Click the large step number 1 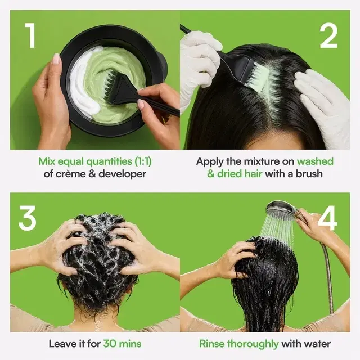(x=30, y=35)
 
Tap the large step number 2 (x=328, y=35)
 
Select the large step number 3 (x=28, y=218)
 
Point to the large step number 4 (x=327, y=218)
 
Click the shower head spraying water (x=281, y=208)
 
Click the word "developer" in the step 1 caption (x=122, y=174)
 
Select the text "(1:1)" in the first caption (x=143, y=161)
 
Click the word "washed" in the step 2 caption (x=315, y=161)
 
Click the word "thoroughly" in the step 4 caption (x=253, y=344)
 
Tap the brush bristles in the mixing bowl (x=111, y=82)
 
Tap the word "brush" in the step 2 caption (x=309, y=174)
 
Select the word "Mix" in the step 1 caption (x=47, y=161)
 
